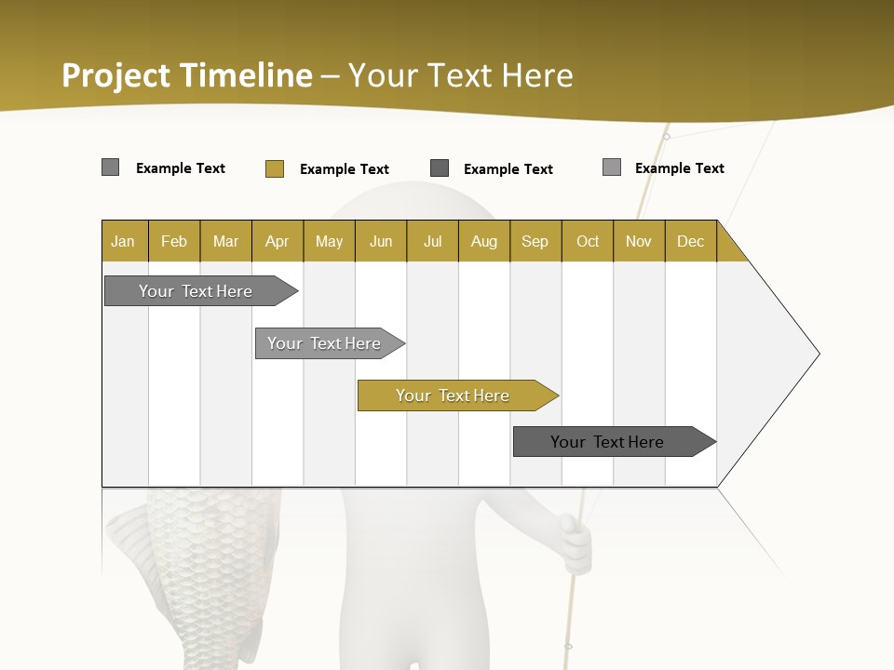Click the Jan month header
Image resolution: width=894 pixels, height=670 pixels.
click(x=123, y=241)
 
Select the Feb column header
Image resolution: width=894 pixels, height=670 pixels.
click(x=174, y=241)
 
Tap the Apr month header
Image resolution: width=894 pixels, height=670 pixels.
click(x=277, y=241)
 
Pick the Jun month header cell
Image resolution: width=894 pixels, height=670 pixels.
click(x=381, y=241)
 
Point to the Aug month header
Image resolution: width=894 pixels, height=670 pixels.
click(x=483, y=241)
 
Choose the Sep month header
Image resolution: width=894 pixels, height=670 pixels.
click(x=535, y=241)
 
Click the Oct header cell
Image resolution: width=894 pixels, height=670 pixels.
click(x=588, y=241)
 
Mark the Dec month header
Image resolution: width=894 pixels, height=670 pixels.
click(x=690, y=241)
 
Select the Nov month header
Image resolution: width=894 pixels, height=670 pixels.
click(x=639, y=241)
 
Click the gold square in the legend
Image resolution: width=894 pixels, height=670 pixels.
click(x=274, y=168)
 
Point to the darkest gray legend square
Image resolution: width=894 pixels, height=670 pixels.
click(x=440, y=168)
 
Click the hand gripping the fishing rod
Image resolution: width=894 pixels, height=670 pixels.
click(x=575, y=544)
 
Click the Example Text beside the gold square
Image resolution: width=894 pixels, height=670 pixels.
click(x=344, y=169)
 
